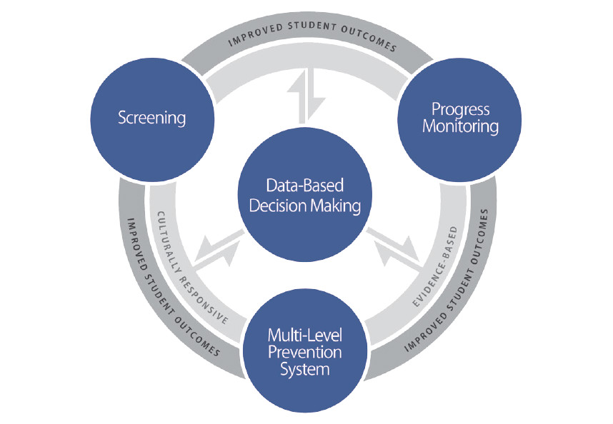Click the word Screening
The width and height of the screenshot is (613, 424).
(x=152, y=117)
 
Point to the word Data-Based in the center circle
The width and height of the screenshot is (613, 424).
(x=305, y=186)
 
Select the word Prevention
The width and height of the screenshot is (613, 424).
(x=305, y=353)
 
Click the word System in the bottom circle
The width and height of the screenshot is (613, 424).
(x=305, y=370)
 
